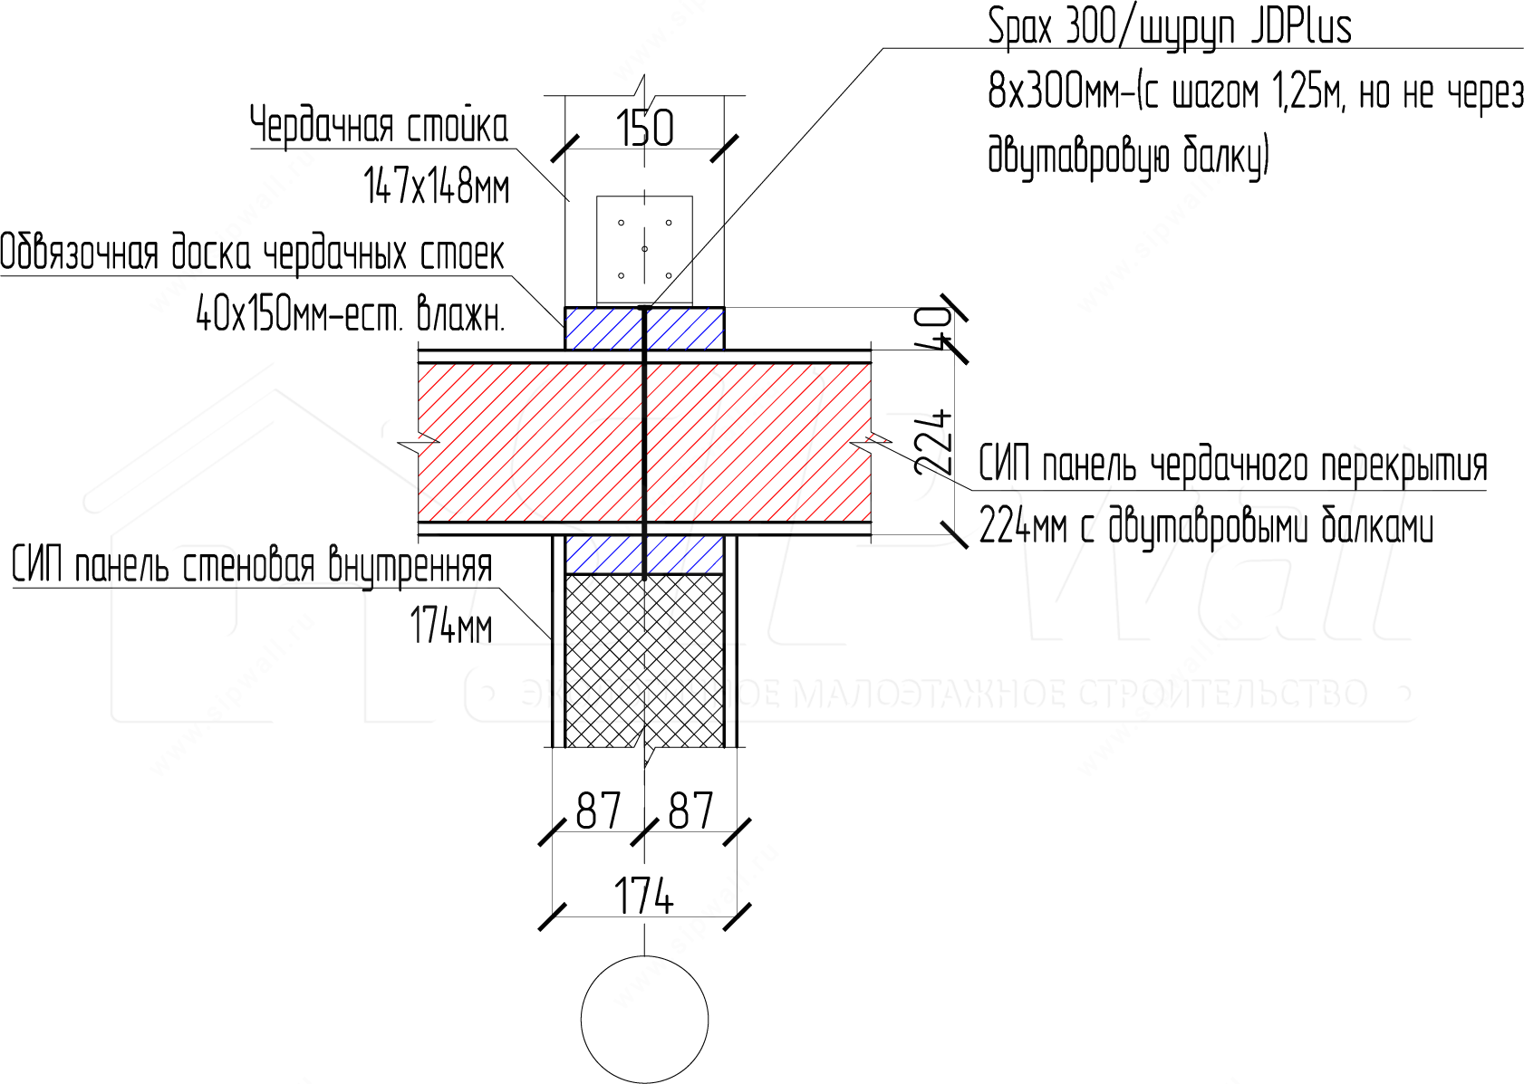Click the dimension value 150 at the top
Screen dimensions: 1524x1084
[644, 128]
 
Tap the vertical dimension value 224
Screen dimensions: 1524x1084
[932, 443]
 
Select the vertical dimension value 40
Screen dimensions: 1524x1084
[932, 329]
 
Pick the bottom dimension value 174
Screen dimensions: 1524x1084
[643, 897]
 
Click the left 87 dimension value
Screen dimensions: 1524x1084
[599, 811]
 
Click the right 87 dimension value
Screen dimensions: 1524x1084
[690, 811]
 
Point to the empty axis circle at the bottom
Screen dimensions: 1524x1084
[644, 1020]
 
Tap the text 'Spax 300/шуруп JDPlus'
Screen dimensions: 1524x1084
[1169, 27]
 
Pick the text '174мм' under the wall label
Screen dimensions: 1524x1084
[450, 625]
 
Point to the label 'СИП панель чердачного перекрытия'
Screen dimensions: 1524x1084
[1233, 465]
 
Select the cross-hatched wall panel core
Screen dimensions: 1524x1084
[644, 660]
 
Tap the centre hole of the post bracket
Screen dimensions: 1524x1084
[644, 249]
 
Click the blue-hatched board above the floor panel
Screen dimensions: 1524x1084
[644, 329]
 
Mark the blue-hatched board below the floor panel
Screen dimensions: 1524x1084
[644, 554]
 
